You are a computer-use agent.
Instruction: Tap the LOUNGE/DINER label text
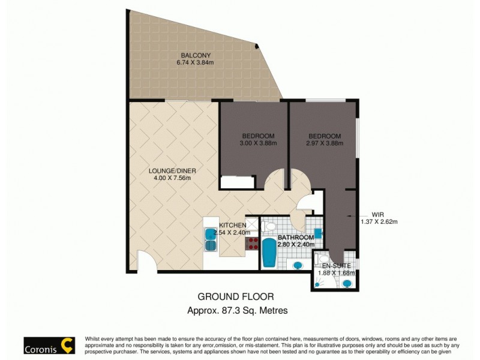click(x=172, y=170)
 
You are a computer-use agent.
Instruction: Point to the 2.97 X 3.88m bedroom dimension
click(x=324, y=143)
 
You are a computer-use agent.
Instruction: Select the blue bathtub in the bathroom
click(x=269, y=253)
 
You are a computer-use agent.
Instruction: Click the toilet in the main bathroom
click(x=269, y=226)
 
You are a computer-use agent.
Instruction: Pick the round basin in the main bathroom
click(x=297, y=265)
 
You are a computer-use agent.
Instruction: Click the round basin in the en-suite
click(x=346, y=283)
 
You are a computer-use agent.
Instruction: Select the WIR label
click(x=377, y=214)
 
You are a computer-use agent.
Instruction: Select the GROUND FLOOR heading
click(x=236, y=296)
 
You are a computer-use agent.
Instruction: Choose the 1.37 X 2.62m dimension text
click(x=379, y=221)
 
